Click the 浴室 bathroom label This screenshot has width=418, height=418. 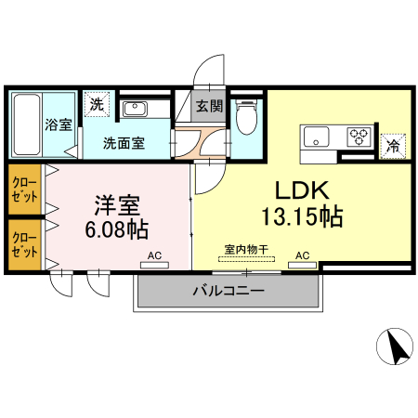pos(59,125)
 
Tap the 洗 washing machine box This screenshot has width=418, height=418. pos(97,105)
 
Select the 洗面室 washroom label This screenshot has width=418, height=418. pos(123,143)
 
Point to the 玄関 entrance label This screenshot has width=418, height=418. pos(209,106)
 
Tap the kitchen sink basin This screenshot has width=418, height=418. pos(316,137)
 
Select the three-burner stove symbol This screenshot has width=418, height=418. pos(359,137)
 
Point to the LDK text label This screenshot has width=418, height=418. pos(299,190)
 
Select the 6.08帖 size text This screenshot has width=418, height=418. pos(118,228)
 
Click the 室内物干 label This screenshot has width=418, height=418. pos(246,249)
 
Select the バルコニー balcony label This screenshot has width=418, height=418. pos(228,290)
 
